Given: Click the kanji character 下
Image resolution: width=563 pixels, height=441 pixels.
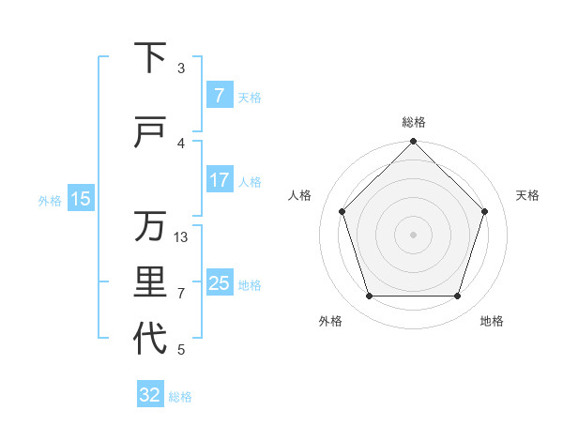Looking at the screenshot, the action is pos(150,58).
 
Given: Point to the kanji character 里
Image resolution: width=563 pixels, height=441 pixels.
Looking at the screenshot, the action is pos(150,283).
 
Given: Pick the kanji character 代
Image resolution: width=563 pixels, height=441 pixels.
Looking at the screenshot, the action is pos(150,339).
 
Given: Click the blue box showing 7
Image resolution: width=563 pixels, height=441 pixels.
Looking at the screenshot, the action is pos(219,96).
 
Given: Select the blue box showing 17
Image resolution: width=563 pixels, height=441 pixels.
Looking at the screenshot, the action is pos(219,180).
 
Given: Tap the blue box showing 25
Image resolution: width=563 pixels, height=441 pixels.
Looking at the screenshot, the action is pos(219,283).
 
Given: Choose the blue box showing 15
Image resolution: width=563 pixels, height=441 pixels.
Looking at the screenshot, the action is pos(81,199).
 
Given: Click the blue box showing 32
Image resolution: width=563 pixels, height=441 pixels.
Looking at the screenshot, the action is pos(150,395).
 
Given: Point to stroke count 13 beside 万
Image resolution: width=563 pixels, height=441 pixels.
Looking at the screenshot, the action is pos(182,237).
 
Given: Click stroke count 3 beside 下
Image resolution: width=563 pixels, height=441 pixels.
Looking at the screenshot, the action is pos(181,68).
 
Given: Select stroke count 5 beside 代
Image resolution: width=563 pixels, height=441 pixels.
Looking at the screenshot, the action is pos(181,350).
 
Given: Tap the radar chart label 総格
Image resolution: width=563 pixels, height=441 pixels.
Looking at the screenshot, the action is pos(414,122).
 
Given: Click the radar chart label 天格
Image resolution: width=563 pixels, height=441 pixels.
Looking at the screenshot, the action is pos(527,195).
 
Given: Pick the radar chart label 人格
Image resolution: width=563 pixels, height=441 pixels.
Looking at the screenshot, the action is pos(300,195).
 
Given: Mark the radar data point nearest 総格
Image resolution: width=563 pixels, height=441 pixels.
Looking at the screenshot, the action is pos(413,143).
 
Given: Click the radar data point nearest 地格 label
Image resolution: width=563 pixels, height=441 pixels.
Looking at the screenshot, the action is pos(458,297).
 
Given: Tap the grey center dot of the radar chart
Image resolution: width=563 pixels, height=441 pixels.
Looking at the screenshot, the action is pos(413,234).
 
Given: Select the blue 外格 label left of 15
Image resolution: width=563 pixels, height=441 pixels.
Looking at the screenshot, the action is pos(50,200).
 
